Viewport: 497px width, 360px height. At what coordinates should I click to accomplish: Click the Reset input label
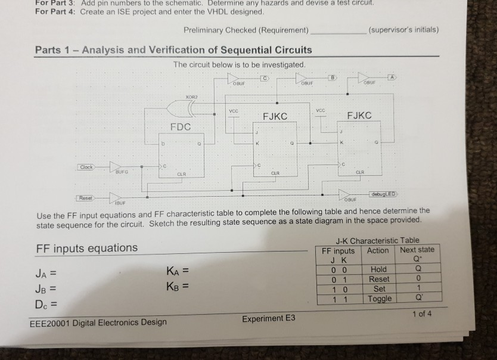84,197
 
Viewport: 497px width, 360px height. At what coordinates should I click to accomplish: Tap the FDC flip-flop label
181,126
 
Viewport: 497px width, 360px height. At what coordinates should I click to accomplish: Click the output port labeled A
392,77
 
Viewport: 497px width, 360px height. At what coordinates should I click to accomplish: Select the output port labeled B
335,77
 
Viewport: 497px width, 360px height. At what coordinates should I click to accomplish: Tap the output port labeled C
265,78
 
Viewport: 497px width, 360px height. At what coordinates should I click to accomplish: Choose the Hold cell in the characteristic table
378,269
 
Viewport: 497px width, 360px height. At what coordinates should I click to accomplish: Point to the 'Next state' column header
417,250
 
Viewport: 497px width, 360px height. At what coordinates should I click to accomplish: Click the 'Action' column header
378,250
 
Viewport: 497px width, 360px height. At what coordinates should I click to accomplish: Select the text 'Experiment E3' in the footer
269,318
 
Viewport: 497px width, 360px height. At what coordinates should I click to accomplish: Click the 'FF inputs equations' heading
87,248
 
